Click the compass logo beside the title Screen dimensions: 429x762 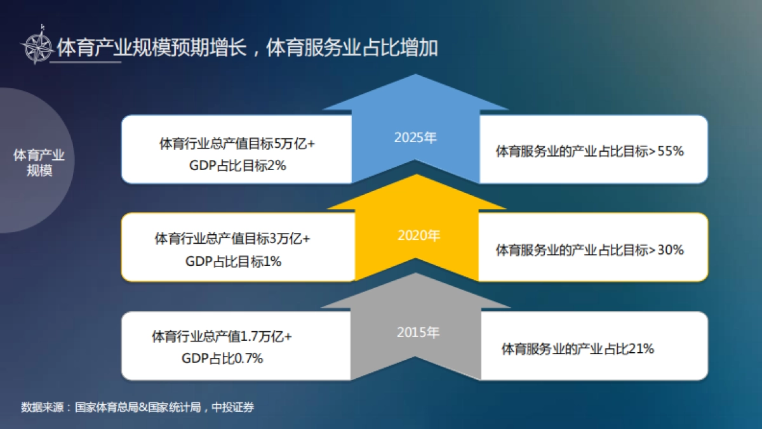tap(38, 46)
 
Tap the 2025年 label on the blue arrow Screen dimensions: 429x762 tap(415, 137)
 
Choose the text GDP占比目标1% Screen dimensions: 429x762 tap(233, 261)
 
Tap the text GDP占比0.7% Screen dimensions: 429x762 tap(222, 358)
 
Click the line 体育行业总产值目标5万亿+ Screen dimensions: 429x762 tap(237, 144)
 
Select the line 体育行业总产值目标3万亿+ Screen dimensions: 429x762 tap(232, 239)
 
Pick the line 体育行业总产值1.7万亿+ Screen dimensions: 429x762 tap(221, 336)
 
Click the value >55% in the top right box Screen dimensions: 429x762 tap(667, 152)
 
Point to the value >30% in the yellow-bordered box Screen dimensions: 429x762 tap(667, 250)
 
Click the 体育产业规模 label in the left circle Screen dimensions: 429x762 tap(39, 162)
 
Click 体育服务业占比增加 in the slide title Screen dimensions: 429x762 tap(352, 48)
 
